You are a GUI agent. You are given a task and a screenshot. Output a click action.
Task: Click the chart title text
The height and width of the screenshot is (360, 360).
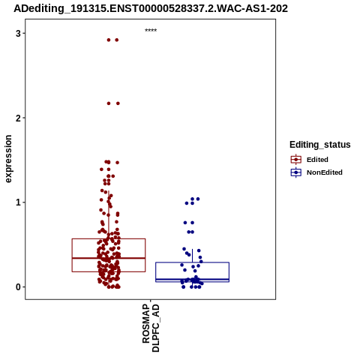pos(151,9)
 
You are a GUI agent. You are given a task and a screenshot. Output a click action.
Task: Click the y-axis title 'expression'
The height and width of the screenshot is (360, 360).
pos(8,159)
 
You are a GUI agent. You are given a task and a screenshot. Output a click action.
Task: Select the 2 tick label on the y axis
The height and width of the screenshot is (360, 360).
pos(18,118)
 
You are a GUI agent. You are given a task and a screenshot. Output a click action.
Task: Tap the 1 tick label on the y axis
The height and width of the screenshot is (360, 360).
pos(18,202)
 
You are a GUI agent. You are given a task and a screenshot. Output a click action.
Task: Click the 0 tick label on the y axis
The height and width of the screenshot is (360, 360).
pos(18,287)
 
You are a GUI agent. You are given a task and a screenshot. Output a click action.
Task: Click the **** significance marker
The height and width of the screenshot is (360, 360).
pos(151,30)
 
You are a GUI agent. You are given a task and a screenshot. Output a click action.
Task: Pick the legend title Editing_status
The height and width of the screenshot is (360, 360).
pos(320,145)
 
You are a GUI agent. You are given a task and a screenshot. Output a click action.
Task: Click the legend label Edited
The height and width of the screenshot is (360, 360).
pos(317,160)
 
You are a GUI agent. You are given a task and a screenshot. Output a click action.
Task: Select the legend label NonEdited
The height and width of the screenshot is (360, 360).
pos(325,172)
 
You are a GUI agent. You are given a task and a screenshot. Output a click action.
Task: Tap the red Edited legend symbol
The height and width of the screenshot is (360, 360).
pos(296,160)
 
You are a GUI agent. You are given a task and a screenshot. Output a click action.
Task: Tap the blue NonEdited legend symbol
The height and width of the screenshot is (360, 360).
pos(296,172)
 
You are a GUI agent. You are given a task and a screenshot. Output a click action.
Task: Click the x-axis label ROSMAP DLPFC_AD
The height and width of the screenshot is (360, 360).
pos(151,328)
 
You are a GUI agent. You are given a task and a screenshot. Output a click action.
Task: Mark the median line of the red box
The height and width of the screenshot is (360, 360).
pos(109,258)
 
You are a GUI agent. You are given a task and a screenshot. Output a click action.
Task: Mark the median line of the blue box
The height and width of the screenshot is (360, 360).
pos(192,279)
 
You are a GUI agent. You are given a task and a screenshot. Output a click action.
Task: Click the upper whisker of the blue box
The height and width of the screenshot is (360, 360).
pos(192,256)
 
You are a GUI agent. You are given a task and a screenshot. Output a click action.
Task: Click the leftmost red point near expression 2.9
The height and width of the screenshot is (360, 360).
pos(109,40)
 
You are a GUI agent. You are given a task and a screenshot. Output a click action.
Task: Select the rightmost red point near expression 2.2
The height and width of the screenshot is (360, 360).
pos(118,103)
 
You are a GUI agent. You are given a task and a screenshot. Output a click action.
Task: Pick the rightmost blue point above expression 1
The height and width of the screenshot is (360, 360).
pos(198,199)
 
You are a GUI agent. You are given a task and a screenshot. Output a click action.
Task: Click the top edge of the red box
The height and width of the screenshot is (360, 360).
pos(109,238)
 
